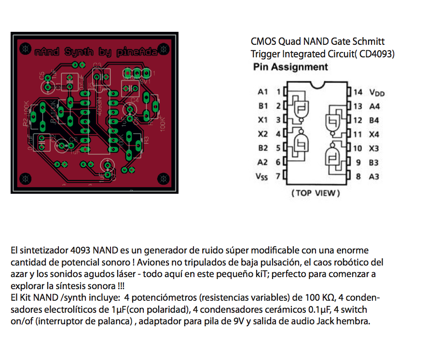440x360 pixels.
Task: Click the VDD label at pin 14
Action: (377, 93)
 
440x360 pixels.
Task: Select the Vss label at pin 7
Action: (261, 176)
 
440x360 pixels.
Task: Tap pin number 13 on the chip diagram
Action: (357, 106)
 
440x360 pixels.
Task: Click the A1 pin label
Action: (262, 92)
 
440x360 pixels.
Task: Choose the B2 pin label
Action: (262, 148)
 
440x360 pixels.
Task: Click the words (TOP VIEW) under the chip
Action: (316, 193)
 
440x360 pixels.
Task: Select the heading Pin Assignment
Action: (290, 67)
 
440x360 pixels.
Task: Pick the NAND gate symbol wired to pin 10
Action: (332, 155)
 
